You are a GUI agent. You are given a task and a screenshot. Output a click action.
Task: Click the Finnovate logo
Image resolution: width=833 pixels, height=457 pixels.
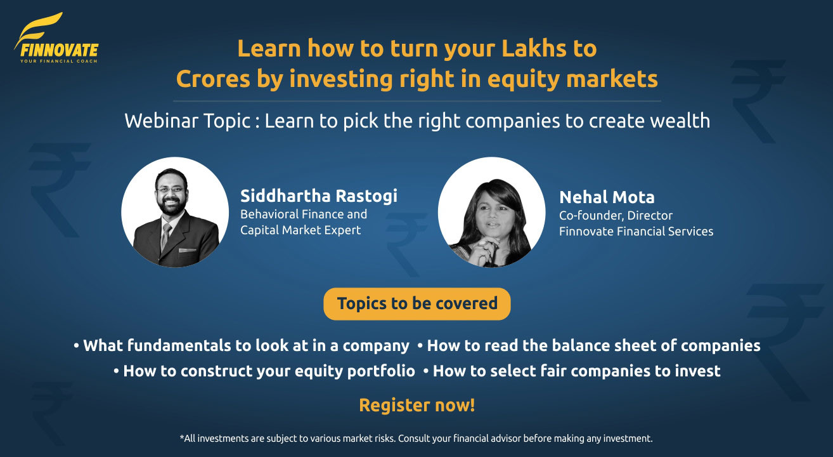(x=56, y=39)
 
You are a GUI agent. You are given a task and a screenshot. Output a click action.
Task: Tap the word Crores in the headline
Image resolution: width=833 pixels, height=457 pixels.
(x=208, y=79)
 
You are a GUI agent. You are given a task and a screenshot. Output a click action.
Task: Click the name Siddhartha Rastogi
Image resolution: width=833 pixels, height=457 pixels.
(x=319, y=195)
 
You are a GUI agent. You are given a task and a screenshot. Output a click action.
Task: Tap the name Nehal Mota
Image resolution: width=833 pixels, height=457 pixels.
(x=607, y=197)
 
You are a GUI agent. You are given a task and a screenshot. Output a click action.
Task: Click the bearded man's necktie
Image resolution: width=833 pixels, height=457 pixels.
(x=165, y=235)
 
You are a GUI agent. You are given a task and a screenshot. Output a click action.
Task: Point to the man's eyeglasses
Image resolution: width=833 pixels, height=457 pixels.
(x=169, y=189)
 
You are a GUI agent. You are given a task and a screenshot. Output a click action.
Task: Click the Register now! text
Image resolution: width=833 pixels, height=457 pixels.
(x=416, y=405)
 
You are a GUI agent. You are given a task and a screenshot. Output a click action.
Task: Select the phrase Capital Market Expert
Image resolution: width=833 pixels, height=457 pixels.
(x=300, y=230)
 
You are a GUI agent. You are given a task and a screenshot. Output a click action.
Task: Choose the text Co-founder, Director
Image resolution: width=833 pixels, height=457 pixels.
(x=616, y=216)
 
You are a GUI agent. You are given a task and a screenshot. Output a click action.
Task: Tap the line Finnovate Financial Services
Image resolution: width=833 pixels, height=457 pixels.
(x=636, y=232)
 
